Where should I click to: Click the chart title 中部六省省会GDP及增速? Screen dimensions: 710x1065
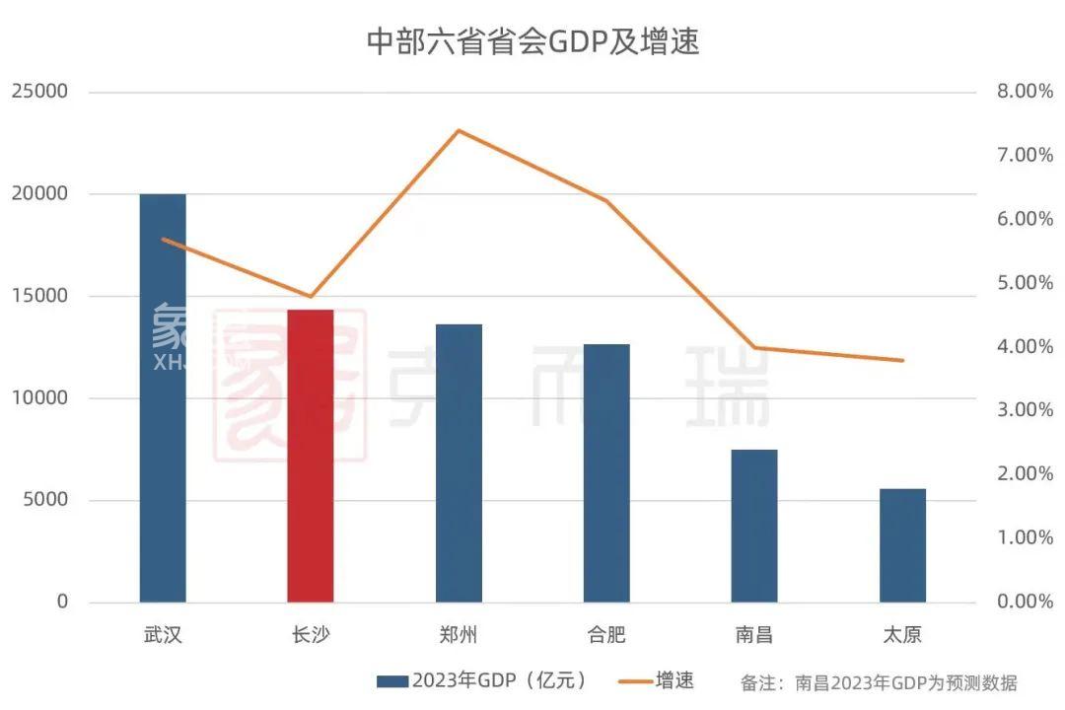[x=532, y=42]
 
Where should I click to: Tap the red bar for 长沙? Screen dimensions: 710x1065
[x=311, y=456]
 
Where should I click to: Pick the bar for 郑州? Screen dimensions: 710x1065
[x=459, y=462]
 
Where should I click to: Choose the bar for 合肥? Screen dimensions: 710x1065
[x=606, y=472]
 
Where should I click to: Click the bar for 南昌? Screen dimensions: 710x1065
[x=754, y=526]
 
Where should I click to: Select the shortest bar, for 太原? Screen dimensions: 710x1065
[x=902, y=545]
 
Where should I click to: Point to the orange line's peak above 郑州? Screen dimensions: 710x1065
[x=459, y=130]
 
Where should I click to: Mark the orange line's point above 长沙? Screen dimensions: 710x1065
[x=311, y=296]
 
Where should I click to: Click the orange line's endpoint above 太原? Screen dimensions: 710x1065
[x=902, y=360]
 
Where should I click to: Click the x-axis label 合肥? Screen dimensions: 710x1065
[x=606, y=634]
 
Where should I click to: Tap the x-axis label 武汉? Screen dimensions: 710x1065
[x=163, y=634]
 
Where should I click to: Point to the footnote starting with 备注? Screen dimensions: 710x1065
[x=878, y=682]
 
